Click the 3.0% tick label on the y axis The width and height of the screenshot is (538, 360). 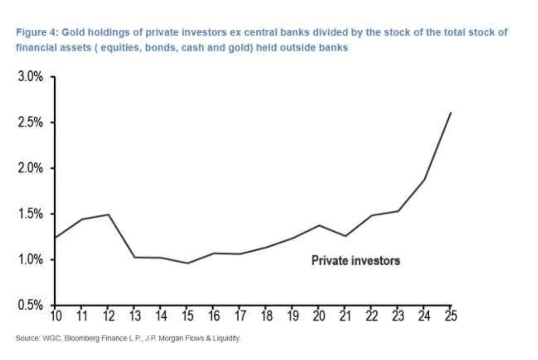point(31,77)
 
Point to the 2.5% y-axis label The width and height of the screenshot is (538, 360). point(31,123)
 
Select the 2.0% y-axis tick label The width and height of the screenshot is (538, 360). point(31,168)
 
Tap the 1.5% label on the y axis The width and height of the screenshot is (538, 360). point(31,214)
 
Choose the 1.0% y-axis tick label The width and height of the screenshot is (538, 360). point(31,260)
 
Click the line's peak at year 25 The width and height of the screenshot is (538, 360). point(451,112)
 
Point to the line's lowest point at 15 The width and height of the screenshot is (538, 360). point(187,263)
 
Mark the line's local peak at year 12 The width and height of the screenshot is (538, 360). point(108,214)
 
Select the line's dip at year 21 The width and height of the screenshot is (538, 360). point(345,236)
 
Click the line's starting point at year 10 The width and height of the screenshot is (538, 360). point(55,237)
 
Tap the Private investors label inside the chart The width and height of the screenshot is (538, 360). point(355,261)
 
